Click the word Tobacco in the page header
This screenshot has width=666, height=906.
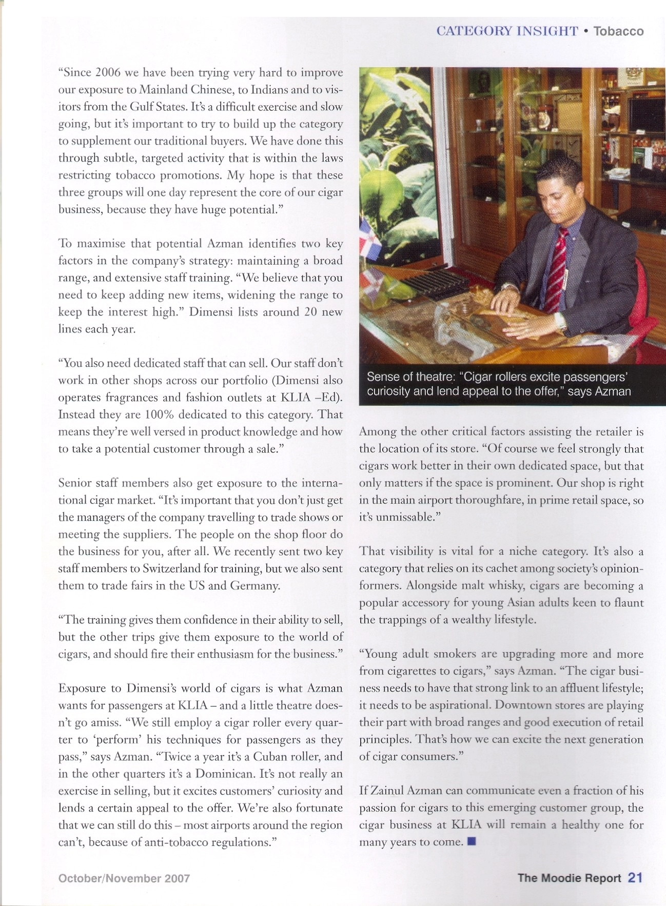(618, 31)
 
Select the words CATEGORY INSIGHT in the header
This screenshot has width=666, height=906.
(507, 31)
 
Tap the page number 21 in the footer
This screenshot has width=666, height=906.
(635, 878)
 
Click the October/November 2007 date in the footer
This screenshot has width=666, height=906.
(124, 878)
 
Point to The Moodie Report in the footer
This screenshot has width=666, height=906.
(569, 878)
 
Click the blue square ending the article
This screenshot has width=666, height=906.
(472, 841)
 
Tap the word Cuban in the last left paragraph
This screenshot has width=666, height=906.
(271, 757)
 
